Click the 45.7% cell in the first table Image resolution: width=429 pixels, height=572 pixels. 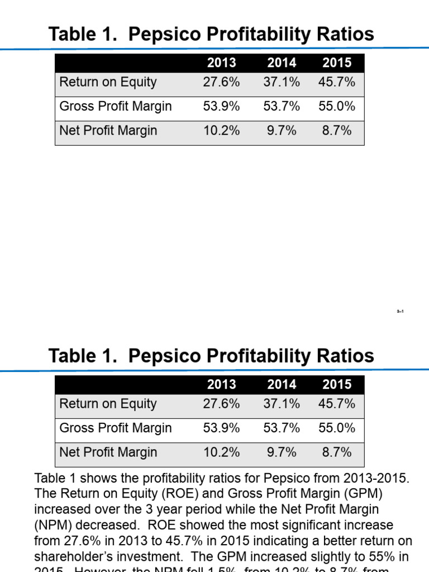pyautogui.click(x=337, y=82)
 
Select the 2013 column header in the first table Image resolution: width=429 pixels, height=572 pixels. pyautogui.click(x=222, y=63)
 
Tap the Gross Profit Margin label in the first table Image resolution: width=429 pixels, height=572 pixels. pyautogui.click(x=116, y=107)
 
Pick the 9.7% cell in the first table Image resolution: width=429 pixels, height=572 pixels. pyautogui.click(x=282, y=131)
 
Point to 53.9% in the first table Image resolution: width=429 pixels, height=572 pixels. pyautogui.click(x=222, y=107)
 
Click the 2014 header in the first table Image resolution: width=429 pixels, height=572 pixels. pyautogui.click(x=282, y=63)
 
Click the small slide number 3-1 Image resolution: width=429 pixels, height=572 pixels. pyautogui.click(x=400, y=311)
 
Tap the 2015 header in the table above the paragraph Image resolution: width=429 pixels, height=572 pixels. pyautogui.click(x=337, y=385)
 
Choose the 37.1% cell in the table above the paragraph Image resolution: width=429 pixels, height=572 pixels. pyautogui.click(x=282, y=404)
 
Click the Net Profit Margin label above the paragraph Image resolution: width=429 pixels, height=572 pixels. pyautogui.click(x=108, y=452)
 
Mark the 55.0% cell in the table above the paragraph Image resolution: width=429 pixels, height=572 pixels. pyautogui.click(x=337, y=428)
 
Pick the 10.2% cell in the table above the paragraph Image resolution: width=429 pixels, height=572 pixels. pyautogui.click(x=222, y=452)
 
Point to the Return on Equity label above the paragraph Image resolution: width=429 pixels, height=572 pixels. pyautogui.click(x=108, y=404)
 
